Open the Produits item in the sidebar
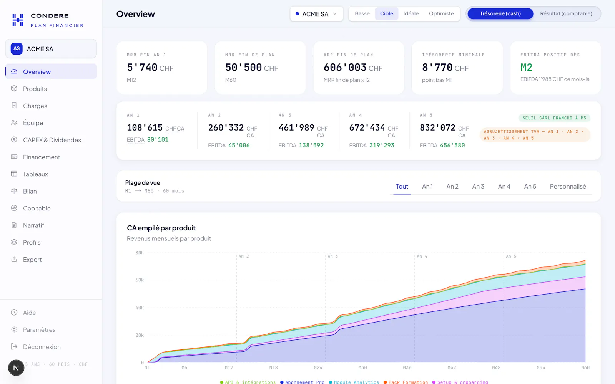click(x=35, y=89)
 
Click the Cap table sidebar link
click(x=37, y=208)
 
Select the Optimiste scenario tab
click(x=441, y=13)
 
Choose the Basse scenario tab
click(x=362, y=13)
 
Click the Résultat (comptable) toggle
click(x=566, y=13)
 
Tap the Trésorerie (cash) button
click(x=500, y=13)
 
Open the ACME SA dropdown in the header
click(x=316, y=14)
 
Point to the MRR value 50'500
click(x=244, y=67)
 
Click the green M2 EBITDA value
click(x=526, y=67)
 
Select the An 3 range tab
click(x=478, y=187)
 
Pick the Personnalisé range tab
click(x=568, y=187)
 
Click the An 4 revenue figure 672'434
click(x=367, y=127)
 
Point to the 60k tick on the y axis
click(x=140, y=280)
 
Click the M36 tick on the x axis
click(x=407, y=367)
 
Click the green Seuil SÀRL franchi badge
click(x=554, y=118)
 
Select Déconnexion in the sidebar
click(x=42, y=347)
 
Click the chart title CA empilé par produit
click(x=161, y=228)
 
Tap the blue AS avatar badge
click(x=17, y=48)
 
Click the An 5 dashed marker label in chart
click(x=511, y=256)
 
